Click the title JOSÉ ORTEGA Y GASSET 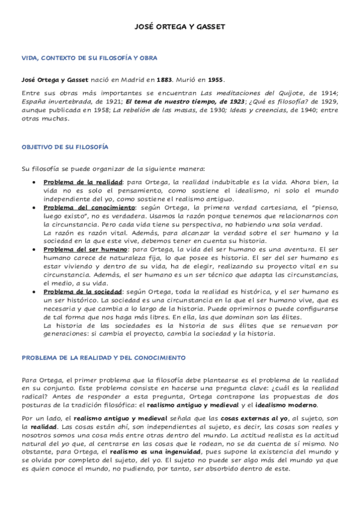pyautogui.click(x=180, y=27)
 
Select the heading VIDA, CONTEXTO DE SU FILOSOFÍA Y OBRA pyautogui.click(x=90, y=58)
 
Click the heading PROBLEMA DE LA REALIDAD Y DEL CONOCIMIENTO pyautogui.click(x=104, y=357)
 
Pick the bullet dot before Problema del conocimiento pyautogui.click(x=35, y=207)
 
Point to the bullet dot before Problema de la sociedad pyautogui.click(x=35, y=291)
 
